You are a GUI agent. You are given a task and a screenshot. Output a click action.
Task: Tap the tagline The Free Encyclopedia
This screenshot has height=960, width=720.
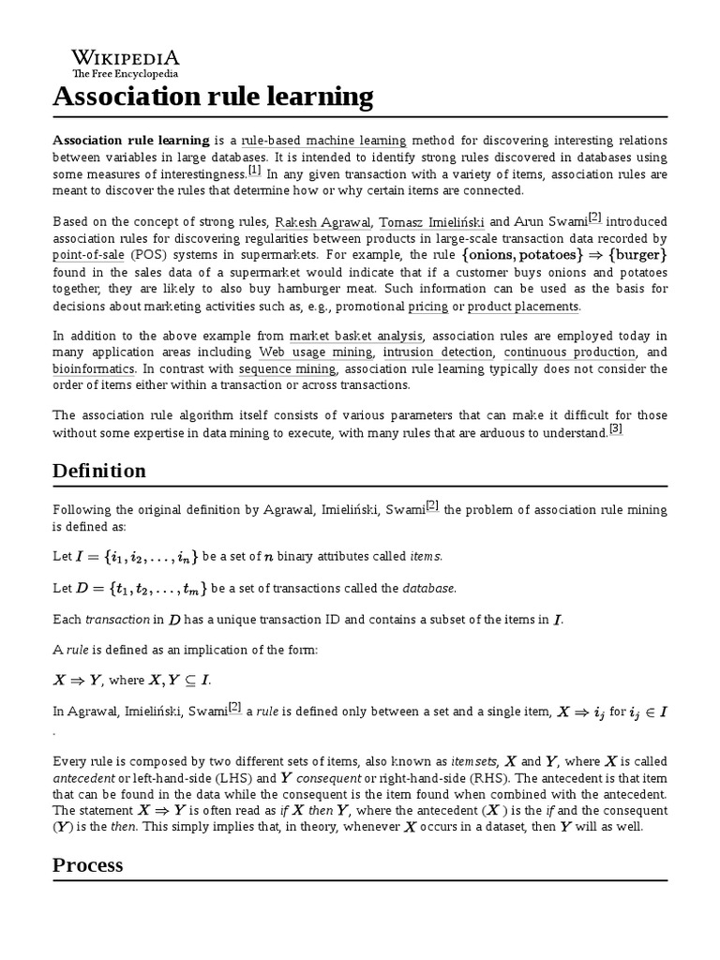125,74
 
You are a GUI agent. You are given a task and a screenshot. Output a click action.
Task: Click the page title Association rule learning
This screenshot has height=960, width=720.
213,97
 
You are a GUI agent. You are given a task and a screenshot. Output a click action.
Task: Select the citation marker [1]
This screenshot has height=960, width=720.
255,172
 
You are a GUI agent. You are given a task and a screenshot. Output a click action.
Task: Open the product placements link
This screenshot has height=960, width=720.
523,307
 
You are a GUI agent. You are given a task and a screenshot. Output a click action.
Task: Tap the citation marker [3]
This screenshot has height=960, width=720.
616,429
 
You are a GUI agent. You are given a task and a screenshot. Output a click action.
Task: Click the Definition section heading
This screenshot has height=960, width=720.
99,471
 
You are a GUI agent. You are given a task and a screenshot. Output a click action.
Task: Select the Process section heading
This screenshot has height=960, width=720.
87,864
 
